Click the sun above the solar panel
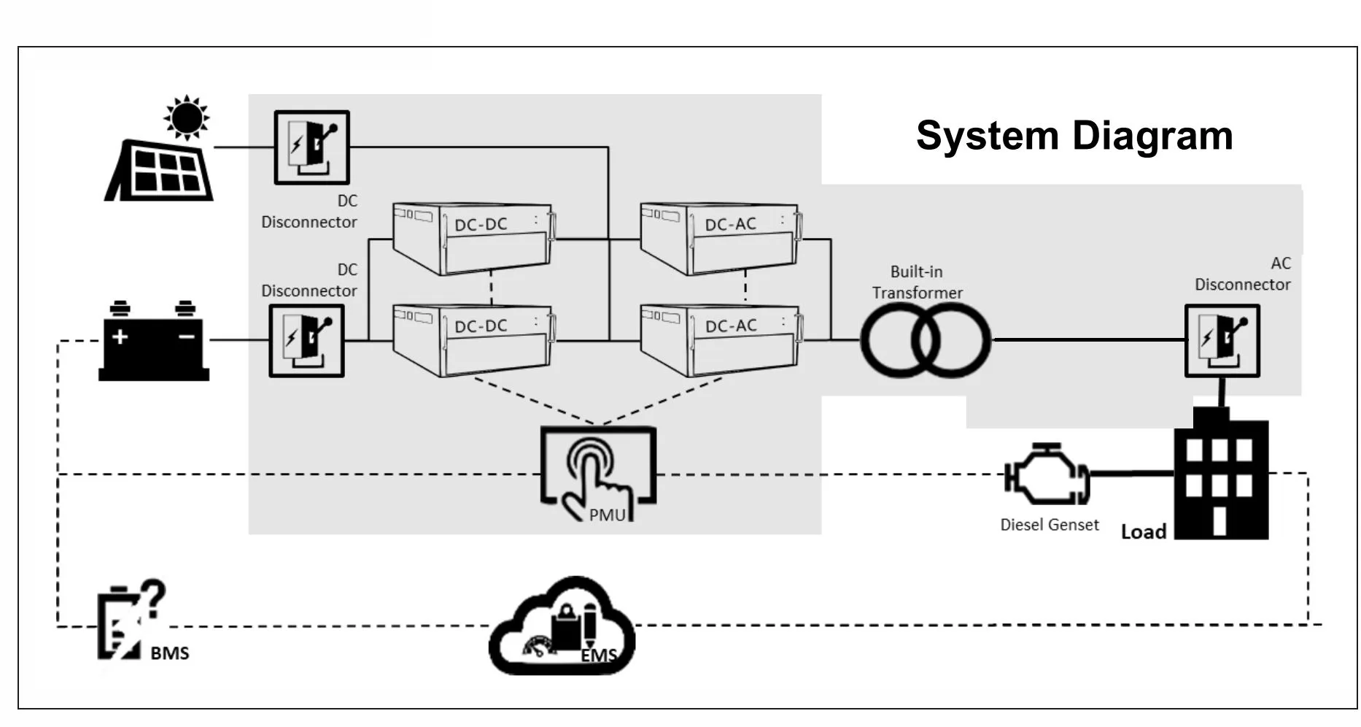(187, 117)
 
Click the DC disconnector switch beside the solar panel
(311, 147)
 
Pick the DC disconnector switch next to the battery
(306, 341)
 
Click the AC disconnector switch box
(1222, 341)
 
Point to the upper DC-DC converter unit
(473, 238)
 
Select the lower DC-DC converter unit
(473, 339)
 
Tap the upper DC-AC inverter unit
(720, 238)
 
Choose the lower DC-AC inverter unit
(720, 339)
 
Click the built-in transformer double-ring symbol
(926, 340)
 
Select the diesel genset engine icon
(1047, 474)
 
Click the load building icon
(1221, 474)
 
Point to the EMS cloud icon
(562, 628)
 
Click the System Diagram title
(1074, 136)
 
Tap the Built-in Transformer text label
(917, 282)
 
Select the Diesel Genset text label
(1049, 525)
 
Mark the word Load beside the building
(1143, 532)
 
